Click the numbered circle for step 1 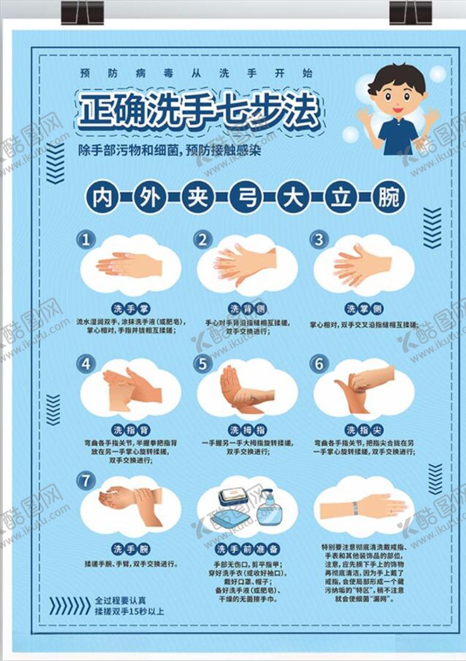(86, 240)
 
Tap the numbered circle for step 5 (203, 364)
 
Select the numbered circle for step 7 (86, 480)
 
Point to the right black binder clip (410, 13)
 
